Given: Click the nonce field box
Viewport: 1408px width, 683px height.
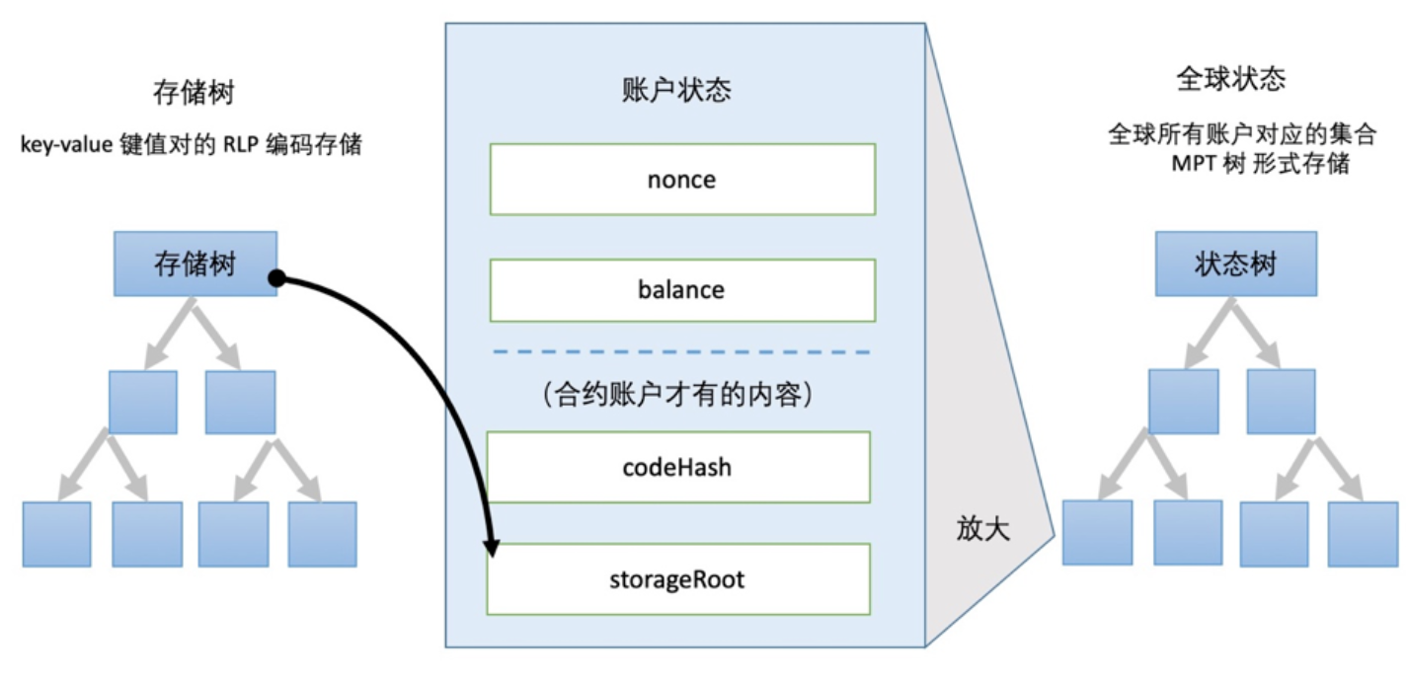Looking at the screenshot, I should click(682, 180).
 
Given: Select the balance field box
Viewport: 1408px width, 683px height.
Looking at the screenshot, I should click(682, 290).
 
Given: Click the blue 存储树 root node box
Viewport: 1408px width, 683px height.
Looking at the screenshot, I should click(195, 264).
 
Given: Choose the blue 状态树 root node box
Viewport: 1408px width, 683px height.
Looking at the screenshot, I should click(1235, 264).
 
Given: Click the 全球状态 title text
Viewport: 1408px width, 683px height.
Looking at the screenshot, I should click(1231, 79).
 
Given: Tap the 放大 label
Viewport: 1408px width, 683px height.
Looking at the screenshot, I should click(982, 529).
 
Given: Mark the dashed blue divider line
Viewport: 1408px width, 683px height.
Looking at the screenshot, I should click(681, 351).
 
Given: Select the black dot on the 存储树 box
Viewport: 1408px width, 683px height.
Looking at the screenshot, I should click(277, 280).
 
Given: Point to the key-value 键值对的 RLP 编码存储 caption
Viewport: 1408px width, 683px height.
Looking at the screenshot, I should click(192, 146).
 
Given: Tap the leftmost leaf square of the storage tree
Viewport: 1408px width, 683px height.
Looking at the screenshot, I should click(56, 533).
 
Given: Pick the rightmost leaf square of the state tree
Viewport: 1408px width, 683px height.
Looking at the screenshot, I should click(1362, 533).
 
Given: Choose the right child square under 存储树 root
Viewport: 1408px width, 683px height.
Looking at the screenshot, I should click(239, 402).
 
